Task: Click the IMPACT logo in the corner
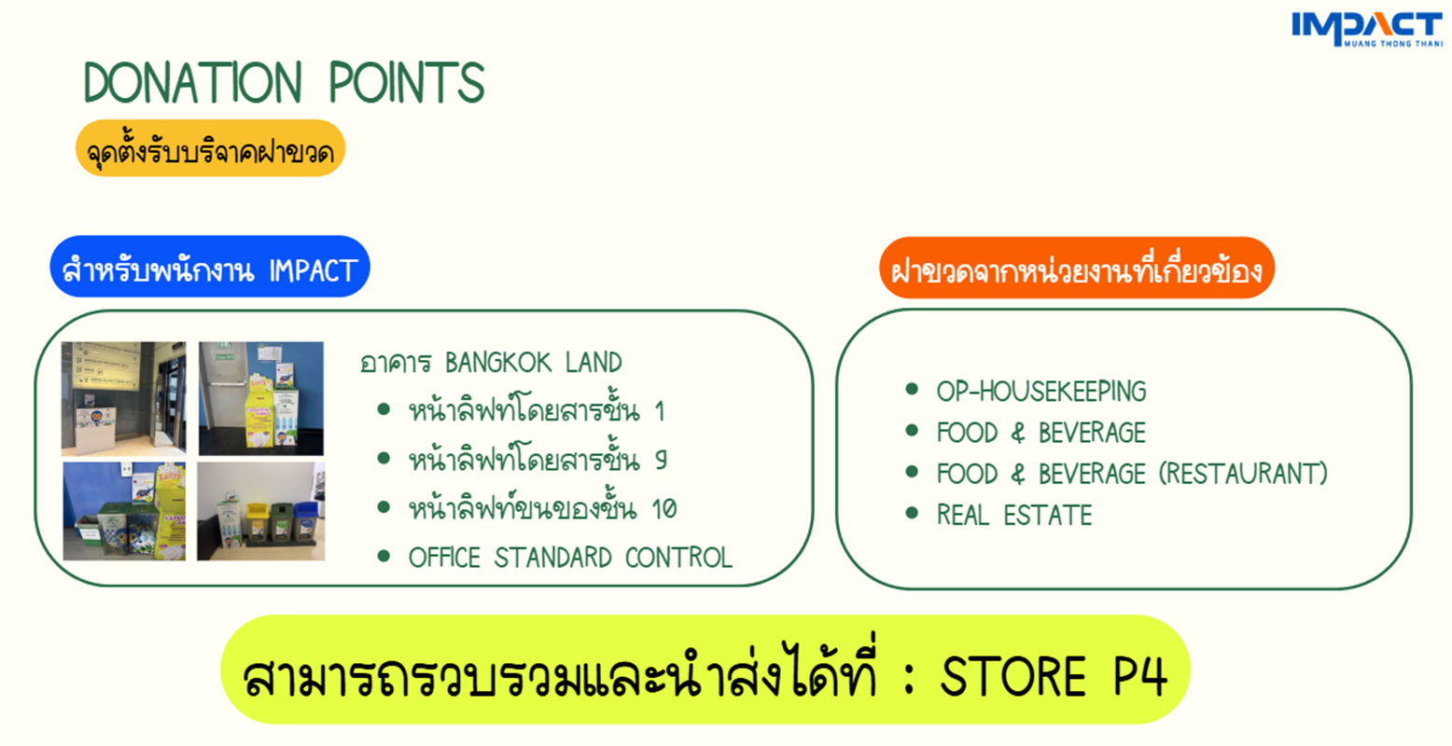pyautogui.click(x=1367, y=29)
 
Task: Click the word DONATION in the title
pyautogui.click(x=193, y=82)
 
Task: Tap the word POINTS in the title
pyautogui.click(x=407, y=82)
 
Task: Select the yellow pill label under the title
pyautogui.click(x=210, y=148)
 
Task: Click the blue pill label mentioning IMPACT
pyautogui.click(x=210, y=267)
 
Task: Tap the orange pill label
pyautogui.click(x=1077, y=269)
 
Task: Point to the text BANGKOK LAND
pyautogui.click(x=534, y=363)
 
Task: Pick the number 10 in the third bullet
pyautogui.click(x=663, y=509)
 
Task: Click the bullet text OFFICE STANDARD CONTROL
pyautogui.click(x=570, y=558)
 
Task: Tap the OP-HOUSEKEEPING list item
pyautogui.click(x=1041, y=392)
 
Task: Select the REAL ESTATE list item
pyautogui.click(x=1014, y=516)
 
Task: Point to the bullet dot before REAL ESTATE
pyautogui.click(x=912, y=514)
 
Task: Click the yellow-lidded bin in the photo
pyautogui.click(x=257, y=522)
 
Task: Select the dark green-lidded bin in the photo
pyautogui.click(x=281, y=521)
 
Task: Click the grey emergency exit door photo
pyautogui.click(x=261, y=398)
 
